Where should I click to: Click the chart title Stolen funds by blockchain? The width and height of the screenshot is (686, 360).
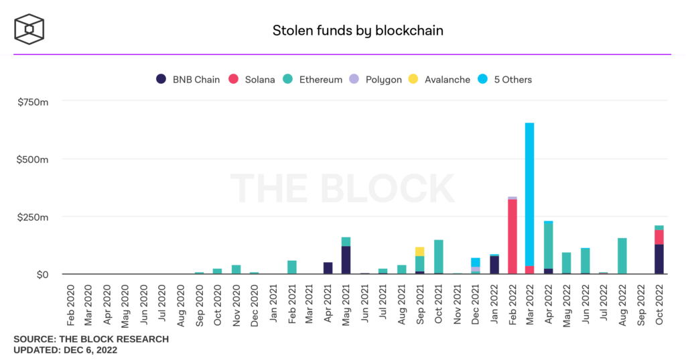click(x=358, y=30)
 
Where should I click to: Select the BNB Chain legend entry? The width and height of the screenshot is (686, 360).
click(x=188, y=79)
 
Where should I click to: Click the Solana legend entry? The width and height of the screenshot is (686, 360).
click(x=251, y=79)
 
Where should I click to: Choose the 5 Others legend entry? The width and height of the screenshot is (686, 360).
click(x=505, y=79)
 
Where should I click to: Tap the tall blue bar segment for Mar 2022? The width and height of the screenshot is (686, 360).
click(x=529, y=194)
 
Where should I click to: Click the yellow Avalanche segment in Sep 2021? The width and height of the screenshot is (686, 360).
click(x=419, y=251)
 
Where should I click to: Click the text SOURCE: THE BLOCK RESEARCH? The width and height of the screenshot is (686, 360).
click(x=91, y=339)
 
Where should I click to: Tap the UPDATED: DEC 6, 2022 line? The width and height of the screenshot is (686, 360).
click(x=66, y=350)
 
